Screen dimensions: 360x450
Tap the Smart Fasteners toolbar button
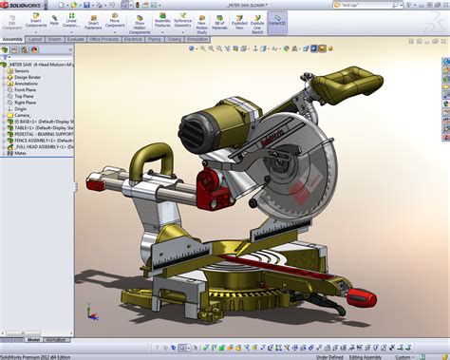pyautogui.click(x=92, y=23)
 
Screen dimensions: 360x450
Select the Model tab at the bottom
pyautogui.click(x=33, y=339)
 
